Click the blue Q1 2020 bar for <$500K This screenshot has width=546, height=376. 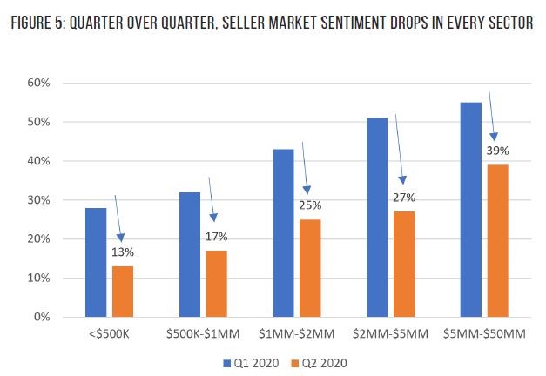(x=95, y=262)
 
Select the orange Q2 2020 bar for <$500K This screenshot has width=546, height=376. (x=122, y=291)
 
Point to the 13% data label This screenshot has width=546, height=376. (x=122, y=252)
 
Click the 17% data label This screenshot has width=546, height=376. (x=217, y=237)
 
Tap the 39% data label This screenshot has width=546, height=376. (x=498, y=151)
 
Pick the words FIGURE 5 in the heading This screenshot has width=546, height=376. (x=39, y=23)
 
